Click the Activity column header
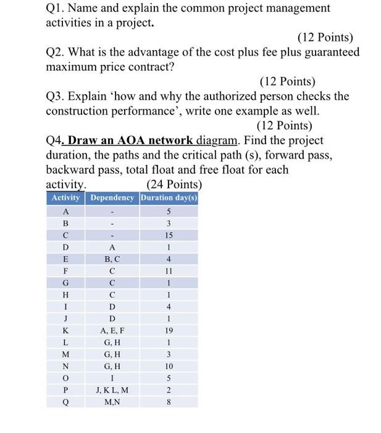click(65, 197)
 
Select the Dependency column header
click(112, 197)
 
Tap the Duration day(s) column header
click(169, 197)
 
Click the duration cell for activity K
click(169, 331)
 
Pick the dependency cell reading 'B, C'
click(112, 259)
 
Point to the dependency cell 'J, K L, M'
click(112, 390)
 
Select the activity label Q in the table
click(65, 401)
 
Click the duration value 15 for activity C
click(169, 235)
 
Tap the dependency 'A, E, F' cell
click(112, 331)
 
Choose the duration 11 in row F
click(169, 271)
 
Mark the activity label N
click(65, 366)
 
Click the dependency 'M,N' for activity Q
click(112, 401)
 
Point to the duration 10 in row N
click(169, 366)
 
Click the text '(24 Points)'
click(174, 184)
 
